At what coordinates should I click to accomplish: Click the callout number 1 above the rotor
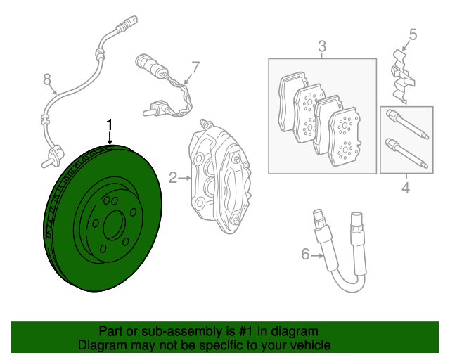click(x=110, y=125)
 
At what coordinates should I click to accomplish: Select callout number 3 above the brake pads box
click(x=322, y=47)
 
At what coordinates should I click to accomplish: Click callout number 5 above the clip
click(x=413, y=34)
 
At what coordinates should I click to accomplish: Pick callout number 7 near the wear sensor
click(x=195, y=67)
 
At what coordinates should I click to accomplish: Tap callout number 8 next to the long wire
click(x=47, y=79)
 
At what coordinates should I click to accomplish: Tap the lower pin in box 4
click(x=404, y=155)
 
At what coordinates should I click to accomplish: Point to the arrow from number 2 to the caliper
click(x=184, y=178)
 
